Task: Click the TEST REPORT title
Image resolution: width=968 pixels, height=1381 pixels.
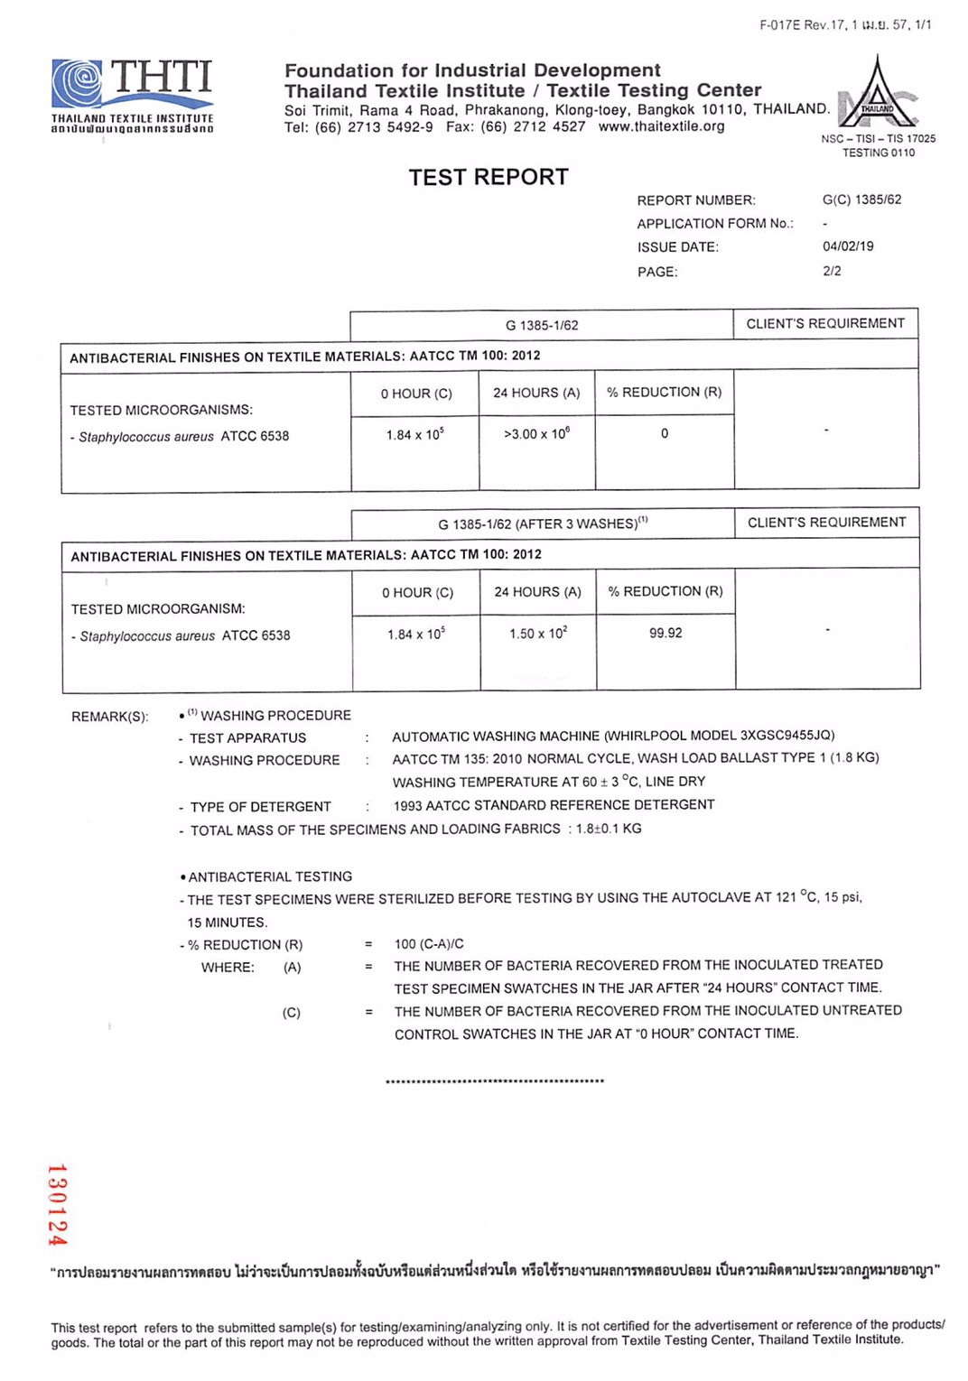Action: tap(489, 177)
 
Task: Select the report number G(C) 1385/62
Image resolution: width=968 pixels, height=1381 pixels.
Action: tap(861, 199)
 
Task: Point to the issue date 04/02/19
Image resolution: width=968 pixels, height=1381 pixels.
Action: tap(848, 246)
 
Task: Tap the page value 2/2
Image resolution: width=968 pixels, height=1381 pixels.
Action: tap(832, 271)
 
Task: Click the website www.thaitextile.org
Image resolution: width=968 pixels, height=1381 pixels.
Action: tap(661, 126)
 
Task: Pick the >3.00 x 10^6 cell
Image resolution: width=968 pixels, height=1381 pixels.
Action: tap(536, 434)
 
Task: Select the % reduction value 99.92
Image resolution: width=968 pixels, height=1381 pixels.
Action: tap(665, 633)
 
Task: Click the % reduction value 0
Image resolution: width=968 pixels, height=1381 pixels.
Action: tap(665, 433)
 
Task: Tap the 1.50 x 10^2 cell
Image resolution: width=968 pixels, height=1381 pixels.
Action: tap(538, 634)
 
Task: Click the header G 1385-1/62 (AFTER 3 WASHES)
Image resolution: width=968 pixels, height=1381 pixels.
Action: tap(543, 524)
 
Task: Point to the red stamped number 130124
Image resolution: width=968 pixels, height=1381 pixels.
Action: tap(57, 1205)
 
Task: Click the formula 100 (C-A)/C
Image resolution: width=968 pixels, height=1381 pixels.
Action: tap(429, 944)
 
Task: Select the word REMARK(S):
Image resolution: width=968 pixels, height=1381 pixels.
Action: tap(110, 717)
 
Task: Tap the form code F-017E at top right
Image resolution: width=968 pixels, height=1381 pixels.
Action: tap(780, 25)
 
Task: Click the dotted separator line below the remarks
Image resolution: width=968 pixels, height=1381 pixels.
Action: tap(494, 1080)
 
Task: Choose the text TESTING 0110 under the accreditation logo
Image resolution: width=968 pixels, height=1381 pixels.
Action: tap(878, 153)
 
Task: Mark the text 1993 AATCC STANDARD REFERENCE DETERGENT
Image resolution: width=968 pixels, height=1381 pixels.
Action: tap(554, 805)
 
